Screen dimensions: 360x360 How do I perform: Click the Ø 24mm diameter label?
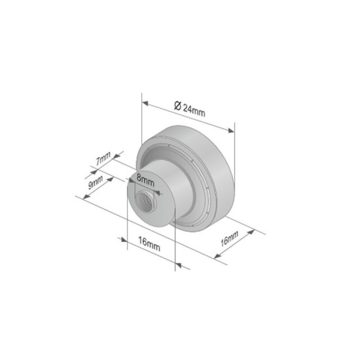(190, 109)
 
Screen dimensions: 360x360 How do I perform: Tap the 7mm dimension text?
(103, 158)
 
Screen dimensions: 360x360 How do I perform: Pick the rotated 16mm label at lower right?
(229, 237)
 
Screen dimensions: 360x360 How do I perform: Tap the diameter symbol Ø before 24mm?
(177, 106)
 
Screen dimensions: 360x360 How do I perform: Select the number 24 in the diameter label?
(188, 109)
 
